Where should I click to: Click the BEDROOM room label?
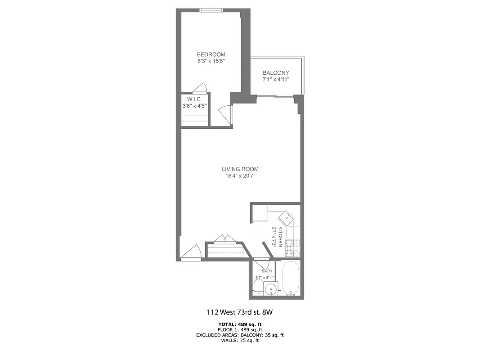(x=211, y=54)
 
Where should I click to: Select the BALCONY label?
(x=276, y=73)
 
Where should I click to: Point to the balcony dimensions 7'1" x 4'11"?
(x=276, y=79)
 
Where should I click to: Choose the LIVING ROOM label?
(x=240, y=169)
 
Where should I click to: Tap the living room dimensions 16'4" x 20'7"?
(x=240, y=176)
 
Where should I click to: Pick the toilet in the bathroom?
(x=258, y=288)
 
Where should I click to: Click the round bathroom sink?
(x=270, y=289)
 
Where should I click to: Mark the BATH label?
(x=267, y=271)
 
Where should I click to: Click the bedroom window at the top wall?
(x=211, y=10)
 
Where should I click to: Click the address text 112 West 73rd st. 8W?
(x=240, y=312)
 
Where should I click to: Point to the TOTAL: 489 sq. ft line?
(x=240, y=324)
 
